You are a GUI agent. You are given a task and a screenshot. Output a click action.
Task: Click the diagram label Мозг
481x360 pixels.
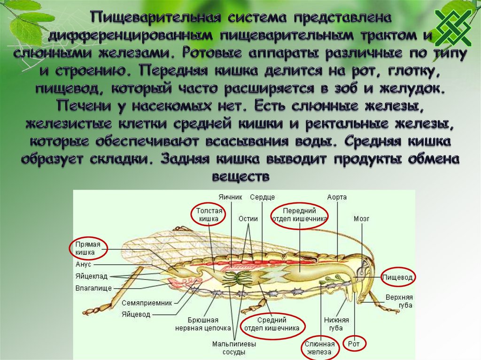[x=362, y=219]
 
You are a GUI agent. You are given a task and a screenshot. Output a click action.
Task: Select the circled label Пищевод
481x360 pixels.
[x=397, y=278]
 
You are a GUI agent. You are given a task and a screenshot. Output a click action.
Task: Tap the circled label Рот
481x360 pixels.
[x=353, y=344]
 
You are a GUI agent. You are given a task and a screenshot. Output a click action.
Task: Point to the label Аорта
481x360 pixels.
[x=337, y=198]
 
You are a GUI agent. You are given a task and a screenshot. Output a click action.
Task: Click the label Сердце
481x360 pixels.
[x=262, y=198]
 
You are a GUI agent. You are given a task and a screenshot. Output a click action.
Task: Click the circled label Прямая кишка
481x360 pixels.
[x=88, y=248]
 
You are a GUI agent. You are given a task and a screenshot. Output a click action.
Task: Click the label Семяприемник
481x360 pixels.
[x=147, y=303]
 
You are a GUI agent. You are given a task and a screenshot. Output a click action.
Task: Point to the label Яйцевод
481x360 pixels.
[x=136, y=314]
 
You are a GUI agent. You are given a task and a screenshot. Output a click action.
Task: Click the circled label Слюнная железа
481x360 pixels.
[x=319, y=348]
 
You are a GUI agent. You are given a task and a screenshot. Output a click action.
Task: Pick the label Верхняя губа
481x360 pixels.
[x=399, y=301]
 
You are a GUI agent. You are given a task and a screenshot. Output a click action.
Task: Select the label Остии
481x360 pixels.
[x=247, y=219]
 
